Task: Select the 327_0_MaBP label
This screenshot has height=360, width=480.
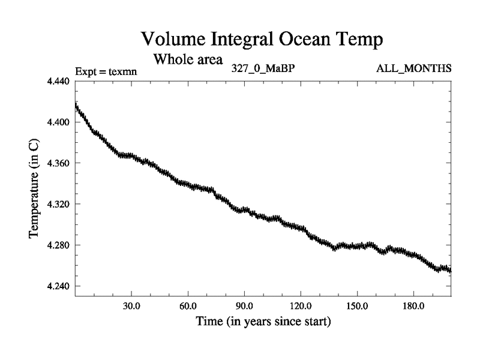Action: [x=263, y=68]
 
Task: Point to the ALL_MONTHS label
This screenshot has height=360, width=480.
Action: [x=414, y=68]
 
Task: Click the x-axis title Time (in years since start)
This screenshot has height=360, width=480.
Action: [x=263, y=321]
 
